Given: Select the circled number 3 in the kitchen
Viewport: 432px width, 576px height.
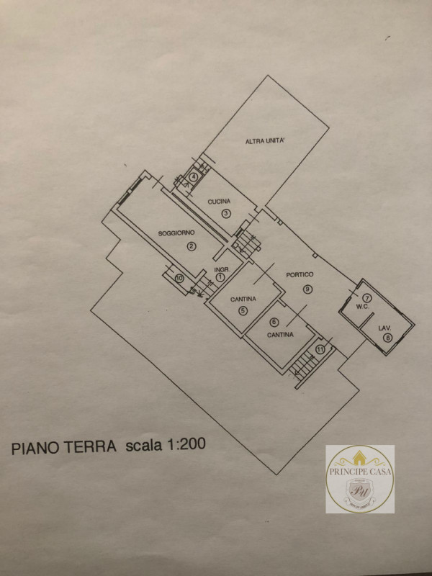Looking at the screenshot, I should [x=225, y=213].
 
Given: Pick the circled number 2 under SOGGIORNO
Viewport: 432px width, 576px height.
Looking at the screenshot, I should [x=191, y=246].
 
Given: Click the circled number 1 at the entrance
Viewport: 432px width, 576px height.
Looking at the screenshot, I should [x=221, y=277].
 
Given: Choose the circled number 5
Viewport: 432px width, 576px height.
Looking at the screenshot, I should [x=243, y=310].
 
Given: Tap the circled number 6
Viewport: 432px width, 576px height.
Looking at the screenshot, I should [x=274, y=323].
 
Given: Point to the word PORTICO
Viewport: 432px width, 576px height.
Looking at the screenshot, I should [x=299, y=274].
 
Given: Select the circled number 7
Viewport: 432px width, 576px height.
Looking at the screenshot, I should [x=366, y=297].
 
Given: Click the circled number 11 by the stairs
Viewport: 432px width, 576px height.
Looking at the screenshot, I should [x=320, y=350].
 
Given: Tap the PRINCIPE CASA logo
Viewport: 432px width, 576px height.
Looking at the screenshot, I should [x=360, y=479].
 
